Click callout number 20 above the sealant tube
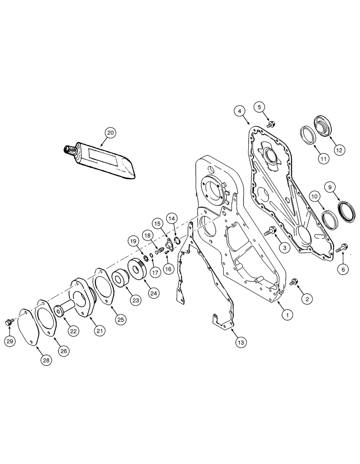(x=110, y=133)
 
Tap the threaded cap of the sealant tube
(x=69, y=150)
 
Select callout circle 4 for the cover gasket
(x=239, y=111)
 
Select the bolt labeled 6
(x=343, y=247)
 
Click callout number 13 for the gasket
(x=241, y=342)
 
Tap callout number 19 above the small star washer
(x=134, y=241)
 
